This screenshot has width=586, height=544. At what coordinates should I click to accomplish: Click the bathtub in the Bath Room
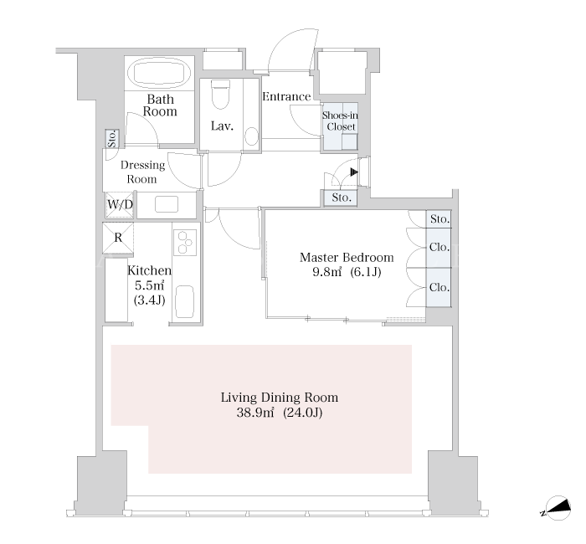159,74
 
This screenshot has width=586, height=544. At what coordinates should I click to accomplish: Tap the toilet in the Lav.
220,94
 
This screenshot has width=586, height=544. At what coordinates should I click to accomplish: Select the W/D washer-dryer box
120,204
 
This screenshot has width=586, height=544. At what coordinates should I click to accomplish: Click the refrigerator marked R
118,238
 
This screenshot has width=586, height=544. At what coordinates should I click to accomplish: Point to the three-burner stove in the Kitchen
185,242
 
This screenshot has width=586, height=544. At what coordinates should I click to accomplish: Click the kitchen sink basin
185,302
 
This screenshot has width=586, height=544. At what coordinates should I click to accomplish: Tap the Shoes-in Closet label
340,121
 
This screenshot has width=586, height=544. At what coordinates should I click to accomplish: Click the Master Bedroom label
347,258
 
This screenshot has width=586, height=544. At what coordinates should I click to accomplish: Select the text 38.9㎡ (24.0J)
279,413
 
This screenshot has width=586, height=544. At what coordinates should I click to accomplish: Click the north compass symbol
558,508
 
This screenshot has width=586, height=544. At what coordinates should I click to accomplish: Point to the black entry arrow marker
354,172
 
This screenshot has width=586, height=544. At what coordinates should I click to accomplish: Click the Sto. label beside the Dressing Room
111,139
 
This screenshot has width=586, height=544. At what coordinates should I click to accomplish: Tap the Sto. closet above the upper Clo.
439,219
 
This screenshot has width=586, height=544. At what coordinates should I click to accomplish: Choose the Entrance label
286,97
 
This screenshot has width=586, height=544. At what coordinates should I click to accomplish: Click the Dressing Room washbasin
167,204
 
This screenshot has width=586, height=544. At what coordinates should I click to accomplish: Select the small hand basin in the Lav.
252,136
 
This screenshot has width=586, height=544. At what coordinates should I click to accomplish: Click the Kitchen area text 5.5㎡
149,285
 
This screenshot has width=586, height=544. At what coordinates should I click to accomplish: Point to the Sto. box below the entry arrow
340,198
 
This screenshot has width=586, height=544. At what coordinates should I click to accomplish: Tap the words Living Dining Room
280,398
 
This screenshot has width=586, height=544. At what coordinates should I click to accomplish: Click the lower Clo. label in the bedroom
439,287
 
